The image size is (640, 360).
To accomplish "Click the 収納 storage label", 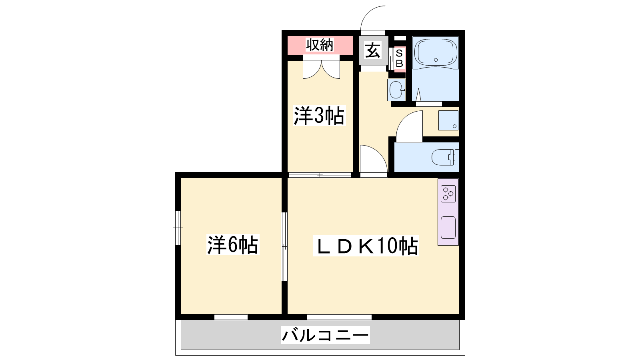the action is [x=320, y=45].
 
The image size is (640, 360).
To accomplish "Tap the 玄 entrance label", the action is [x=373, y=50].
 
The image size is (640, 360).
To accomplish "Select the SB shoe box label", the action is [x=400, y=58].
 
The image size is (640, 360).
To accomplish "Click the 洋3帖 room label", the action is [x=319, y=116].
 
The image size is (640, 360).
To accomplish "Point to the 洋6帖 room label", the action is [x=233, y=244].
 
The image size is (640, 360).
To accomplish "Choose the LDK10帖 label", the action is [x=366, y=246].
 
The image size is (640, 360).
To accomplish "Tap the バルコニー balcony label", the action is [x=326, y=335].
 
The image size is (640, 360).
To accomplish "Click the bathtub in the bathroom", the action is [x=436, y=53].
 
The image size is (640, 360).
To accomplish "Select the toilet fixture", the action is [x=445, y=157].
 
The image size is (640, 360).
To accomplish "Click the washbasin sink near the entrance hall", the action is [x=396, y=90].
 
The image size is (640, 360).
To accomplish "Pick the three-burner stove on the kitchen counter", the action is [x=448, y=194].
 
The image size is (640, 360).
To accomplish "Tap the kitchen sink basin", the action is [x=448, y=228].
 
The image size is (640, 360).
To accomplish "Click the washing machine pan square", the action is [x=448, y=120].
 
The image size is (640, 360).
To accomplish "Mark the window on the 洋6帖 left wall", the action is [x=178, y=228].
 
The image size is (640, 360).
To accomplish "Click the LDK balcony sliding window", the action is [x=339, y=317].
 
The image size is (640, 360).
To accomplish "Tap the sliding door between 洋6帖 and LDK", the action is [x=284, y=246].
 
